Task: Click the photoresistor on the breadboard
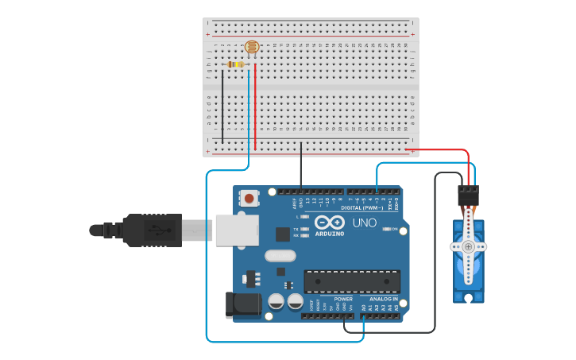(x=253, y=48)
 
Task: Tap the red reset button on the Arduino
(x=249, y=199)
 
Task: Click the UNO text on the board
(x=364, y=223)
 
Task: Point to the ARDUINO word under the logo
(x=329, y=234)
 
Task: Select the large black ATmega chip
(x=352, y=281)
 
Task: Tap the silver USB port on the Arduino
(x=237, y=230)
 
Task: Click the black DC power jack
(x=242, y=306)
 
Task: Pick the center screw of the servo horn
(x=468, y=247)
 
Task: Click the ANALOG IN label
(x=384, y=300)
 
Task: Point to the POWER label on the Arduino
(x=343, y=300)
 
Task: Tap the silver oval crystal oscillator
(x=280, y=256)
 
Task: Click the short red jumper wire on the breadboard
(x=255, y=107)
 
